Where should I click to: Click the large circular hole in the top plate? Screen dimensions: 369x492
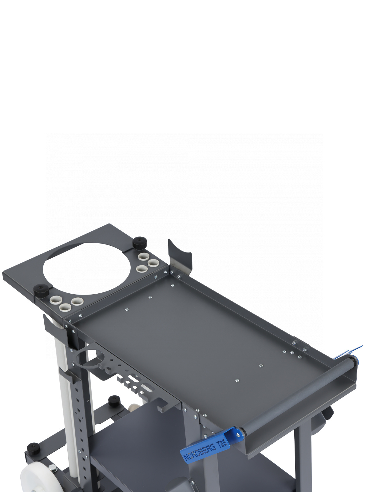coord(87,268)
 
